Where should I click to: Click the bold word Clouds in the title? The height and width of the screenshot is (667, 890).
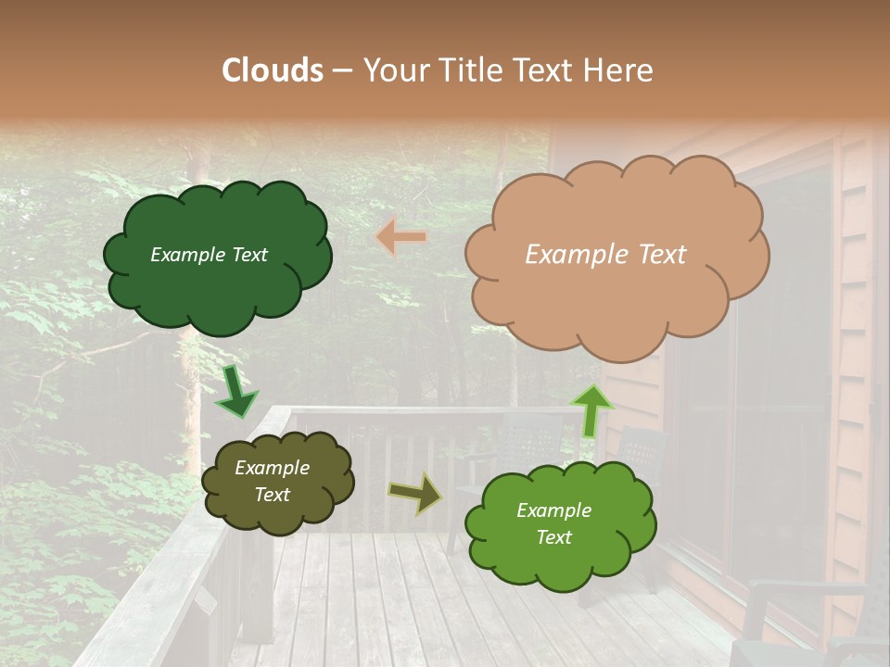click(x=273, y=70)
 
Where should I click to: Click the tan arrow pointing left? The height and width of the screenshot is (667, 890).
click(x=402, y=237)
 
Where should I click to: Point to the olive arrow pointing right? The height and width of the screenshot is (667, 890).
click(x=414, y=494)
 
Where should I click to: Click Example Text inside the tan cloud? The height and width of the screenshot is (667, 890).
click(x=605, y=255)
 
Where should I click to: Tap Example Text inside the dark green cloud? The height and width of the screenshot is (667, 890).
click(x=209, y=255)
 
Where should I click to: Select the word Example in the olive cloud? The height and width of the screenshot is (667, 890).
click(x=272, y=468)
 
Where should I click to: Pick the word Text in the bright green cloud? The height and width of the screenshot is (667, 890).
click(x=553, y=537)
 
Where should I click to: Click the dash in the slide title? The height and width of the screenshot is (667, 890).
click(x=341, y=70)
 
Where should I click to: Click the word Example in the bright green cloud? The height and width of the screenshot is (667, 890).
click(x=553, y=510)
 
